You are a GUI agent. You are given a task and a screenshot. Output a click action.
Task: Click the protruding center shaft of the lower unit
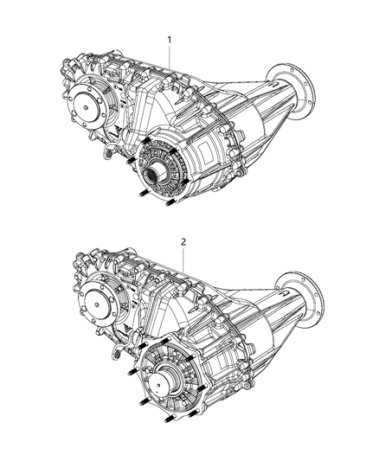point(161,378)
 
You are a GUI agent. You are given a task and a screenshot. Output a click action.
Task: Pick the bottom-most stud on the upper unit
point(170,205)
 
